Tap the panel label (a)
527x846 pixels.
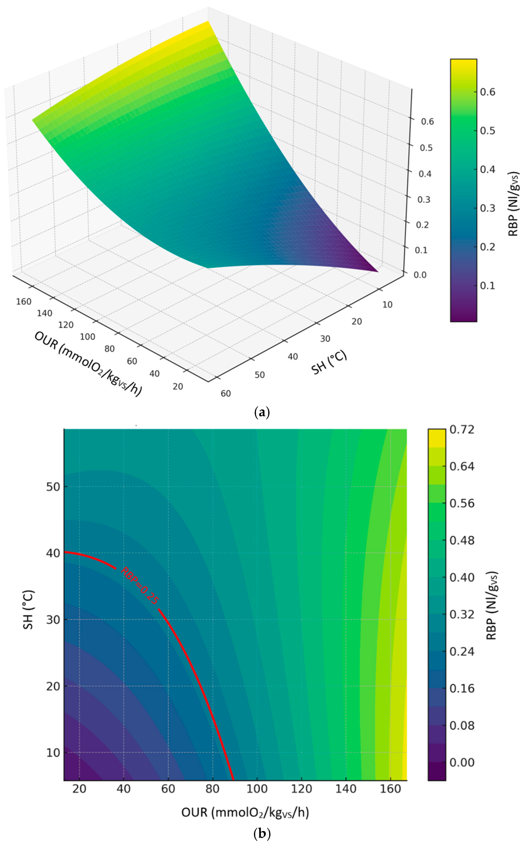[262, 412]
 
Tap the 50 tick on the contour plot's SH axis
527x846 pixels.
[53, 487]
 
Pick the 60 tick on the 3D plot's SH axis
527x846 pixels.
[226, 393]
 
